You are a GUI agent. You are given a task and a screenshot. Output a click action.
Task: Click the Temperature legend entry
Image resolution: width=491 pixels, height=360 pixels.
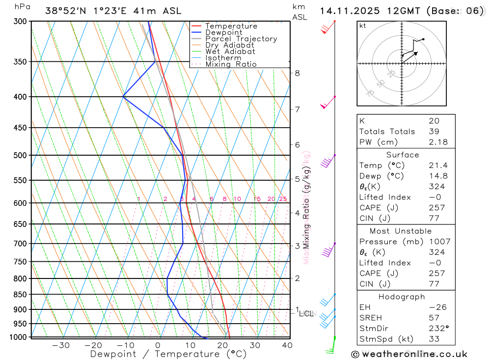click(231, 26)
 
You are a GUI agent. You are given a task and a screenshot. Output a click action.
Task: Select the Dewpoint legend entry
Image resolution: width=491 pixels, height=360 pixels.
click(224, 32)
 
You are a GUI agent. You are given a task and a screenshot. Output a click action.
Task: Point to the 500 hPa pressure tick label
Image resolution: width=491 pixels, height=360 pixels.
click(21, 155)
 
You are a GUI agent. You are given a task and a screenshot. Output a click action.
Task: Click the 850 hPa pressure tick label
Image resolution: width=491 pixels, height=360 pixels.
click(21, 295)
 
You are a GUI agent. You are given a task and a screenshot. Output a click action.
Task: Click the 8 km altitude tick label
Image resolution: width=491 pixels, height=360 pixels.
click(297, 73)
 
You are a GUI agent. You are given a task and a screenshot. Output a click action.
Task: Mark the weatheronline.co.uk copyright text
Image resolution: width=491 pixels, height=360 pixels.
click(409, 354)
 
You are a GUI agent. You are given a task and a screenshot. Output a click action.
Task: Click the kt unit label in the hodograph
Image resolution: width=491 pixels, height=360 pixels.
click(363, 26)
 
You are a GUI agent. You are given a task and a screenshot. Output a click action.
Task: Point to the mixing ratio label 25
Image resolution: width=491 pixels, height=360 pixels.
click(283, 199)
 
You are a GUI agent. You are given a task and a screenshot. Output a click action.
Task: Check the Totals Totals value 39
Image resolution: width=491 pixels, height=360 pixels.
click(434, 131)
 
